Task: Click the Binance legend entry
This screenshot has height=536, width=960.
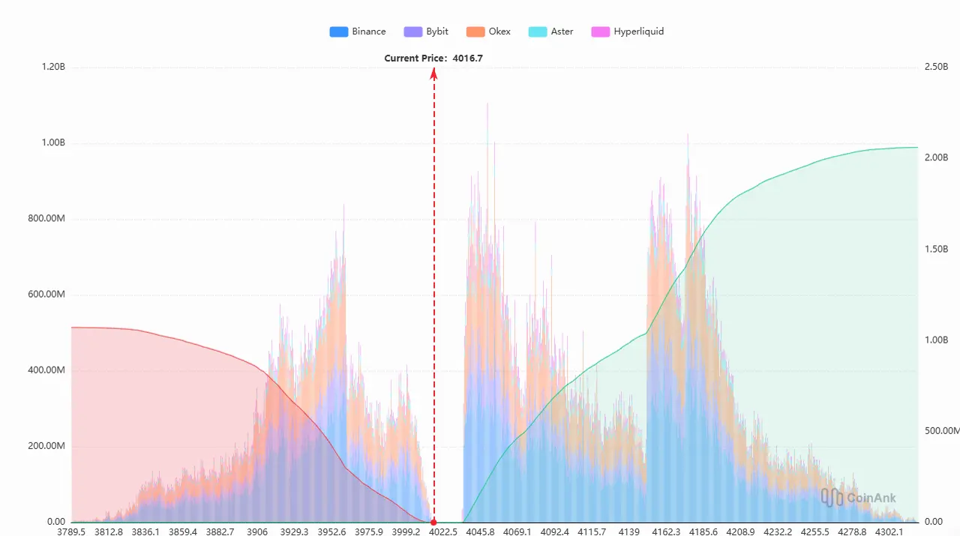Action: click(358, 31)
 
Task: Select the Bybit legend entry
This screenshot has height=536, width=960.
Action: click(426, 31)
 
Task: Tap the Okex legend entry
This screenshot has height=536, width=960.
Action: click(488, 31)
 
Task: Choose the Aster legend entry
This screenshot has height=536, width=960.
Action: click(551, 31)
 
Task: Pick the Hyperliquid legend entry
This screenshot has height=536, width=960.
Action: click(628, 31)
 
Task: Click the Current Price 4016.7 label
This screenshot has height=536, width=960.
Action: click(433, 58)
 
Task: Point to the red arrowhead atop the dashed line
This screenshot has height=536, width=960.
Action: click(433, 73)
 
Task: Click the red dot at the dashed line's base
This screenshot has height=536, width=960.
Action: click(433, 522)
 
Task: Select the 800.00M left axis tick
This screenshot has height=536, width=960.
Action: click(47, 219)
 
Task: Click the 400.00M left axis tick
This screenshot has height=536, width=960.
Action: click(47, 370)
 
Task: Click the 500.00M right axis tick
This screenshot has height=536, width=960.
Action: click(940, 430)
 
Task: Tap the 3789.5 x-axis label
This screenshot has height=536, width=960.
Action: click(72, 532)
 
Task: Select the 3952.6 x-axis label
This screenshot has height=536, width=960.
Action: click(331, 532)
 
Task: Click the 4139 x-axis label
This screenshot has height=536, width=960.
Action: click(628, 532)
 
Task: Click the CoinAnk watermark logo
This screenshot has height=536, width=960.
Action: click(858, 497)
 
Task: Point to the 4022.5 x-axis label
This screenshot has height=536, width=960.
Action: click(443, 532)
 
